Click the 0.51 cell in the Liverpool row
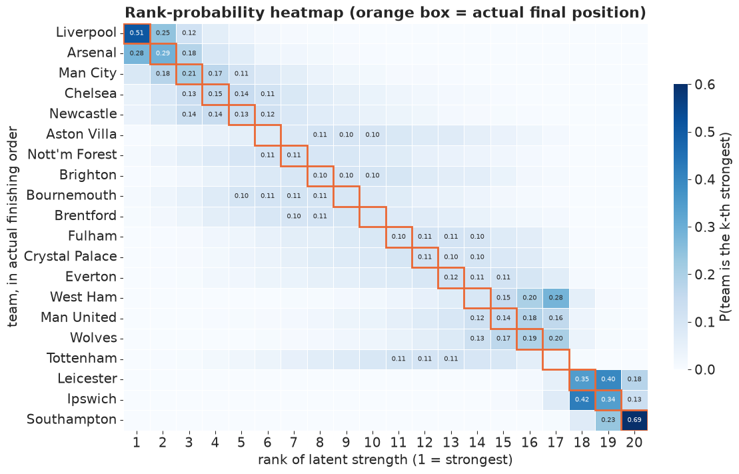137,33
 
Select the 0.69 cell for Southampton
634,420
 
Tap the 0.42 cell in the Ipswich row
582,399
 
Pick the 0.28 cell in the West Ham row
556,297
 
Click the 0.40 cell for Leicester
608,379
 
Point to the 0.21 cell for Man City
189,74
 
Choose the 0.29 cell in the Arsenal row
163,54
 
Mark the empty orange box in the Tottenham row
556,359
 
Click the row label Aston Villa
81,135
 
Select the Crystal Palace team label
70,257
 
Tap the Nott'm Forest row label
72,155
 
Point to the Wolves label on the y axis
93,338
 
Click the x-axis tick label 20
634,443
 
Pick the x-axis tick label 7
294,443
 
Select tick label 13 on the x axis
451,443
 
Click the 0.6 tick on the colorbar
704,85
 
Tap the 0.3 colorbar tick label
704,227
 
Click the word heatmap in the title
308,13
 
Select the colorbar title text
726,227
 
